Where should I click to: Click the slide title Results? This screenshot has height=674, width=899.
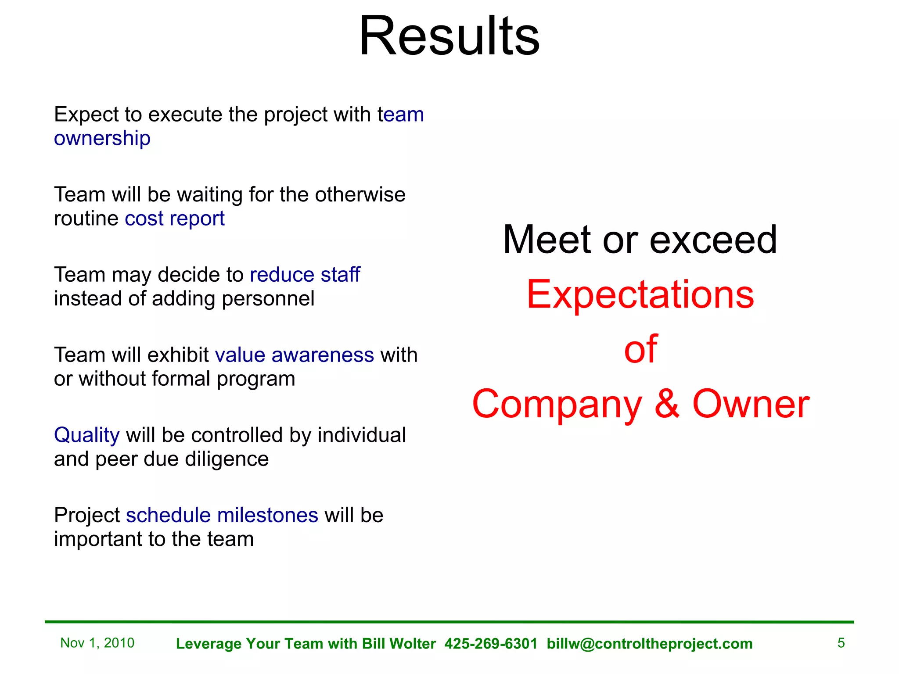[x=449, y=36]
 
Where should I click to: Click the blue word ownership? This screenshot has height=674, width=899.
[x=102, y=139]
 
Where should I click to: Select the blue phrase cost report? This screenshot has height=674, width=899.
[x=174, y=219]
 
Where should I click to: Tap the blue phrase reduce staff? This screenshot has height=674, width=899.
[x=305, y=275]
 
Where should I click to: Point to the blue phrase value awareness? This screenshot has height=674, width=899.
[x=294, y=355]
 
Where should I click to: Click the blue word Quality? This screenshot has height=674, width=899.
[x=86, y=435]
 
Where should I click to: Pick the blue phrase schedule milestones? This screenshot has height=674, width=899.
[x=222, y=515]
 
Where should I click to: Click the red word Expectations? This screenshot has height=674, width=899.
[x=640, y=294]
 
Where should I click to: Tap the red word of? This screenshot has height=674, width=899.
[x=640, y=349]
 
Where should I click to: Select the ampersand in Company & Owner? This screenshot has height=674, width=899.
[x=667, y=404]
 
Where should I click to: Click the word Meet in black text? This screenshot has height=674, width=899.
[x=547, y=240]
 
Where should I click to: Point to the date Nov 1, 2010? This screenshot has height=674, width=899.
[x=97, y=643]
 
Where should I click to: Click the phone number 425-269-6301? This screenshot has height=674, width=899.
[x=491, y=644]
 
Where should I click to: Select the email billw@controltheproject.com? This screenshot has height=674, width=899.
[x=649, y=644]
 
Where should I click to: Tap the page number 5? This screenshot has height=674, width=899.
[x=841, y=643]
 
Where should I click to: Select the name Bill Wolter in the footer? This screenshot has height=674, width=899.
[x=399, y=644]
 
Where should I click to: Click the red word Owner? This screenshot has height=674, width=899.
[x=751, y=404]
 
